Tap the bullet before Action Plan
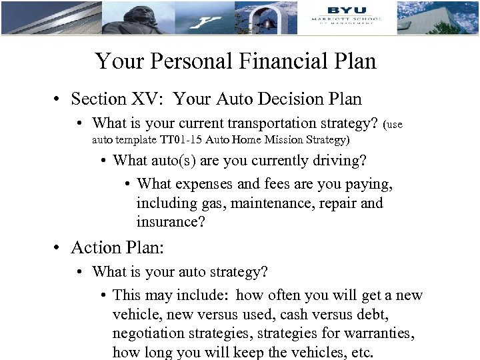58,248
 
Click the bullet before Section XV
58,100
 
